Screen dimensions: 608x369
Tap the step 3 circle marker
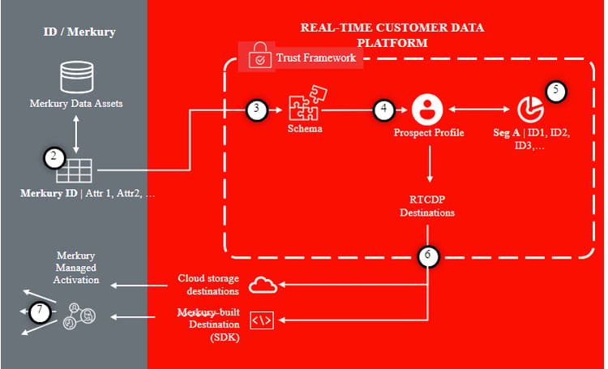pyautogui.click(x=257, y=109)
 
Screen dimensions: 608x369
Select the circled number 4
pyautogui.click(x=383, y=109)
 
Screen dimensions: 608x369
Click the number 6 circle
pyautogui.click(x=428, y=255)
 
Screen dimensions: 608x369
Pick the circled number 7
pyautogui.click(x=40, y=312)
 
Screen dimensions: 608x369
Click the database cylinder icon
pyautogui.click(x=77, y=77)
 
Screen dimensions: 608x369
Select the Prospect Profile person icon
pyautogui.click(x=427, y=109)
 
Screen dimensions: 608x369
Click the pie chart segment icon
pyautogui.click(x=530, y=109)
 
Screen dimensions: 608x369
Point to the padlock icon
pyautogui.click(x=259, y=56)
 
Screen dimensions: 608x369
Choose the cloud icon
pyautogui.click(x=263, y=285)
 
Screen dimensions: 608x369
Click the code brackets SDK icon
pyautogui.click(x=262, y=320)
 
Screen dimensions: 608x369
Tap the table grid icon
pyautogui.click(x=74, y=171)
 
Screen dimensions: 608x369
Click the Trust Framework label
pyautogui.click(x=316, y=58)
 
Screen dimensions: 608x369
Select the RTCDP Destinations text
pyautogui.click(x=427, y=206)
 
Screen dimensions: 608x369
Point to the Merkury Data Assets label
pyautogui.click(x=76, y=104)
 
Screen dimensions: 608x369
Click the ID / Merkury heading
pyautogui.click(x=79, y=32)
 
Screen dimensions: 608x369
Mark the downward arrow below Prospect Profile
pyautogui.click(x=429, y=164)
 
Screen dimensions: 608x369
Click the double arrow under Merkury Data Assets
pyautogui.click(x=76, y=135)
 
